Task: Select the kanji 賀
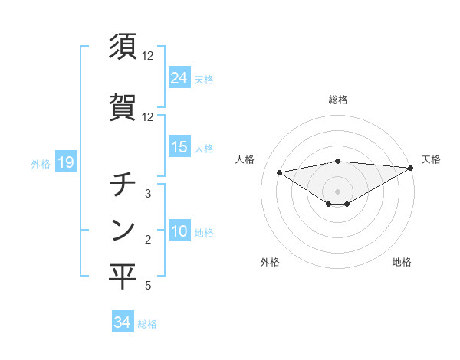point(123,108)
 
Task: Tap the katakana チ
point(123,185)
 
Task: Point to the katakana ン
point(123,229)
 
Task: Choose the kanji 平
point(123,277)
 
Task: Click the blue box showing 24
point(179,77)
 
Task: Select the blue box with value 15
point(179,147)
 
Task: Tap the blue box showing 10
point(179,231)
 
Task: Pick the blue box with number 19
point(64,162)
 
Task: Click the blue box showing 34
point(122,322)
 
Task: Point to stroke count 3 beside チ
point(148,194)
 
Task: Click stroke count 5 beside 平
point(148,286)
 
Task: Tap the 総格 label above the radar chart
point(338,100)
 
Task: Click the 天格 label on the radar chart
point(431,159)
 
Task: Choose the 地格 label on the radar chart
point(402,263)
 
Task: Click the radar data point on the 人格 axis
point(279,172)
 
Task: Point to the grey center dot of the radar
point(338,191)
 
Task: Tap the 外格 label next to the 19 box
point(40,163)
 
